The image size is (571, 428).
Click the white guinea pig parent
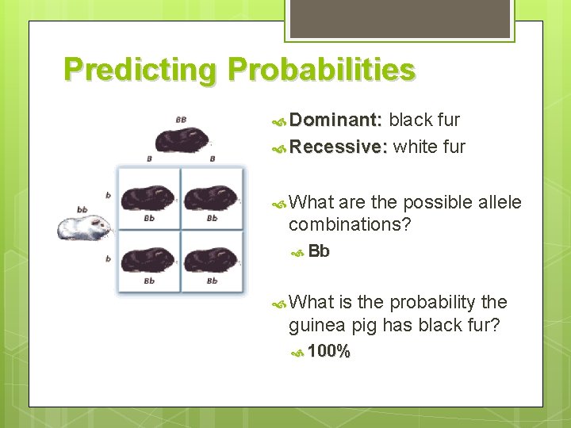(x=84, y=227)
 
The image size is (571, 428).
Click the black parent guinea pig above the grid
(x=182, y=140)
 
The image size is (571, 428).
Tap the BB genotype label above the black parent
(x=182, y=120)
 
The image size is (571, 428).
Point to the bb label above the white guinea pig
(x=82, y=209)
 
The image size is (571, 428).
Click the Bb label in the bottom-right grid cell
(x=212, y=281)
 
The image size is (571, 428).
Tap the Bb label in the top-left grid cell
(x=148, y=218)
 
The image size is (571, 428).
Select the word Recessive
(x=339, y=147)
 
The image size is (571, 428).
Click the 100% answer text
(x=328, y=351)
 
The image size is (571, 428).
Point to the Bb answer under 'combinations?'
(x=319, y=251)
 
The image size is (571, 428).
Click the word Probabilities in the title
(x=320, y=71)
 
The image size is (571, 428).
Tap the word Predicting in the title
(x=140, y=71)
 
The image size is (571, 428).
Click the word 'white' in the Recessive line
(x=413, y=147)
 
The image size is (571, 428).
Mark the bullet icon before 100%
(x=297, y=352)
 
